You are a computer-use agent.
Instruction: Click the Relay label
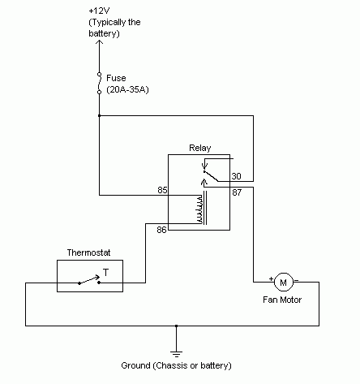coord(199,148)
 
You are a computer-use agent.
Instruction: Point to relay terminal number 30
coord(236,176)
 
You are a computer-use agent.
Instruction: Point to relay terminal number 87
coord(236,192)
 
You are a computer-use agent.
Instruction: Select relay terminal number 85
coord(162,191)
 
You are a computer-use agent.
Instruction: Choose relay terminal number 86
coord(162,231)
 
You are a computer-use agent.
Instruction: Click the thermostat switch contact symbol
coord(88,283)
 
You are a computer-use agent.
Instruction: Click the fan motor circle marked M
coord(282,283)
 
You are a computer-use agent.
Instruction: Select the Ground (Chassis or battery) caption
coord(176,365)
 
